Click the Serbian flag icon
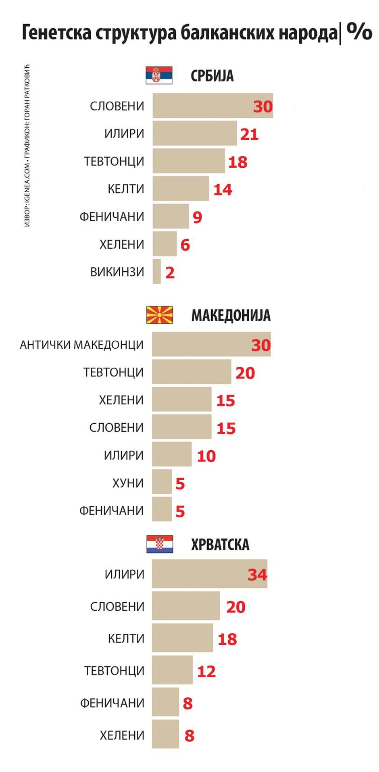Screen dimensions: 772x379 [159, 75]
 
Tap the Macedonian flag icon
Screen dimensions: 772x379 [160, 315]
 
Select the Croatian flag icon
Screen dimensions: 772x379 [160, 544]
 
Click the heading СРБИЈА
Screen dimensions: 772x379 [212, 76]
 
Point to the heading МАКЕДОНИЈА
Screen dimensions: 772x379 [231, 315]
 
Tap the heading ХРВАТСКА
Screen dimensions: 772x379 [220, 545]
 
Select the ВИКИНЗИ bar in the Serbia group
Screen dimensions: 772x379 [157, 271]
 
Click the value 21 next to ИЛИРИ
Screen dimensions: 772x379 [249, 134]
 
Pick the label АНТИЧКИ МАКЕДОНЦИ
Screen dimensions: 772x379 [82, 345]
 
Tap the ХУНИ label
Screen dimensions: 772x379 [128, 483]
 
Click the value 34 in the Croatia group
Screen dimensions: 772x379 [257, 574]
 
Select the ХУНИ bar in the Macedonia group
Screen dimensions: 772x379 [162, 481]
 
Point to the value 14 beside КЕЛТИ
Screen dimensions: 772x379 [223, 189]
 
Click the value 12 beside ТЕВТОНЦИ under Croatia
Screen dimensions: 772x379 [206, 671]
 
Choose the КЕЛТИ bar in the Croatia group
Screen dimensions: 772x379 [182, 638]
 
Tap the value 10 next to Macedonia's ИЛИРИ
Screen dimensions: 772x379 [206, 456]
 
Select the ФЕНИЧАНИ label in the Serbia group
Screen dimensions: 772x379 [112, 217]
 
